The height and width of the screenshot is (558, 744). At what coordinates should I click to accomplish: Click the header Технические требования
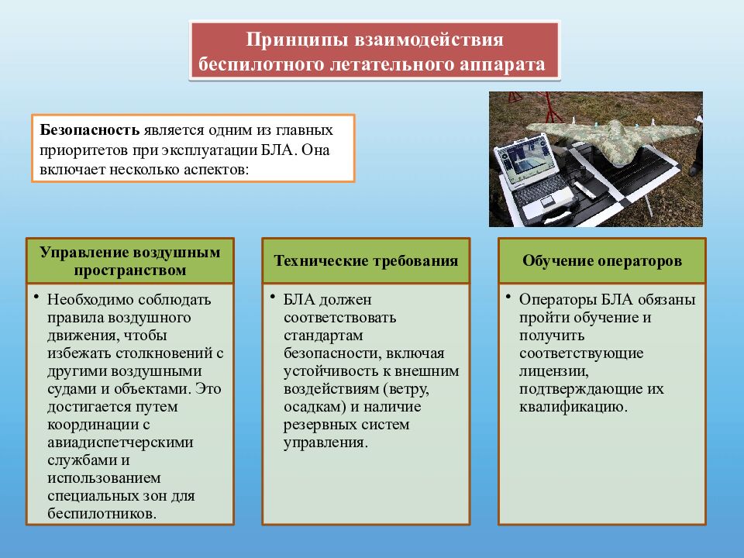click(365, 260)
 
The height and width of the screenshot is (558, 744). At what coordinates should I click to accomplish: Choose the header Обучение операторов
click(602, 260)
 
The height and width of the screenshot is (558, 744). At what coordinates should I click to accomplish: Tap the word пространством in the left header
click(131, 270)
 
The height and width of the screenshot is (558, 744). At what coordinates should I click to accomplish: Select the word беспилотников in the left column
click(101, 513)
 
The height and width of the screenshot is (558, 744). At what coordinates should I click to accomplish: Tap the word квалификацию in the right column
click(573, 407)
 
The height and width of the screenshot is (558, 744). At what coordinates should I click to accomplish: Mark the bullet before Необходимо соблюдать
click(36, 297)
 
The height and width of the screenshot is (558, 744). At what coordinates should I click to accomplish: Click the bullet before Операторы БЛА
click(508, 297)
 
